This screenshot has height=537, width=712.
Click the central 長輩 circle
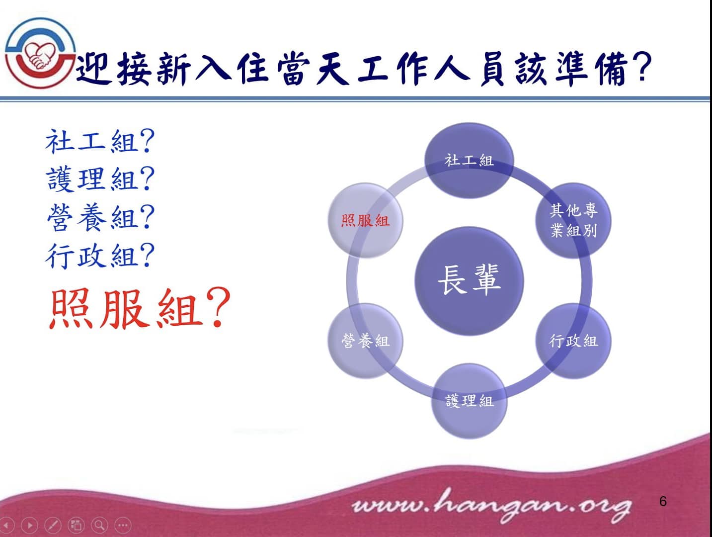469,280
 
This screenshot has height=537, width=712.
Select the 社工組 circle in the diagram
469,160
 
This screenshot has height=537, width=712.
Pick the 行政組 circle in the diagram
573,341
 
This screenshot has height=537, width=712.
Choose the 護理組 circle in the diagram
469,401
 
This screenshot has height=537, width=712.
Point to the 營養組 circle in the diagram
365,341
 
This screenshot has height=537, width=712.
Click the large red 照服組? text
140,308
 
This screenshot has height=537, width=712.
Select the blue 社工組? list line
100,141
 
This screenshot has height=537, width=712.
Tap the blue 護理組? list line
100,179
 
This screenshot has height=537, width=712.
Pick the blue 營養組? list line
100,217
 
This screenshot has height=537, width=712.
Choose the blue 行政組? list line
100,257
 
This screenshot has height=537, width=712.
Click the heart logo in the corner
40,53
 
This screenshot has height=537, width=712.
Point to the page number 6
663,501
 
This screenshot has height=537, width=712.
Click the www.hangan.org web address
492,506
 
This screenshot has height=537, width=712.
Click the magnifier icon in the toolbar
99,525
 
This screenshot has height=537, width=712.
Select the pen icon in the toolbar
53,525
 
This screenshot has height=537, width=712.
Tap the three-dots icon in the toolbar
123,525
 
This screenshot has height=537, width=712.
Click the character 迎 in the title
93,68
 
